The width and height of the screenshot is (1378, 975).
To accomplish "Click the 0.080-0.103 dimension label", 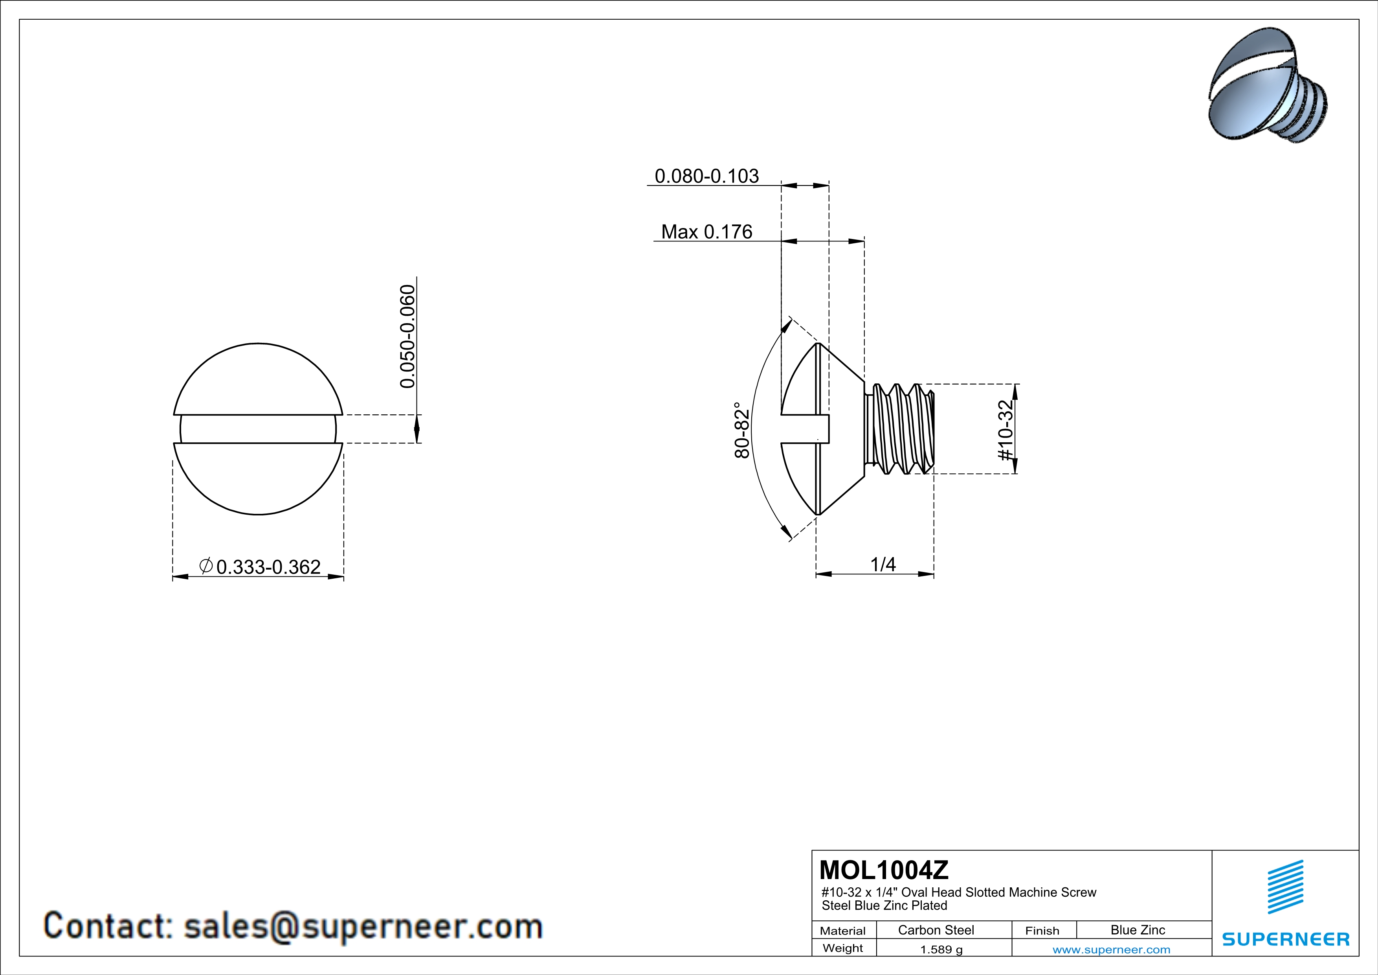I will (x=706, y=177).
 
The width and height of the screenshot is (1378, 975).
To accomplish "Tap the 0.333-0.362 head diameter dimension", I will (x=268, y=567).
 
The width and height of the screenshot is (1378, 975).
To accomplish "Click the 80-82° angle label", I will (x=742, y=430).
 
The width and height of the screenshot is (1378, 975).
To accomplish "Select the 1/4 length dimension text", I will (x=883, y=564).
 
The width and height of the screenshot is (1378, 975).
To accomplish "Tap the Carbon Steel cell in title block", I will (x=936, y=930).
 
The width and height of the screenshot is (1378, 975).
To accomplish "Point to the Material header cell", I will (x=843, y=931).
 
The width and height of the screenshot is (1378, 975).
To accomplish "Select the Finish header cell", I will (x=1042, y=931).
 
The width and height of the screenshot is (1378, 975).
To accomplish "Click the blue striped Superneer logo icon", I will (x=1285, y=887).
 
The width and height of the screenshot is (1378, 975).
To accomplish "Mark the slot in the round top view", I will (x=258, y=429).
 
